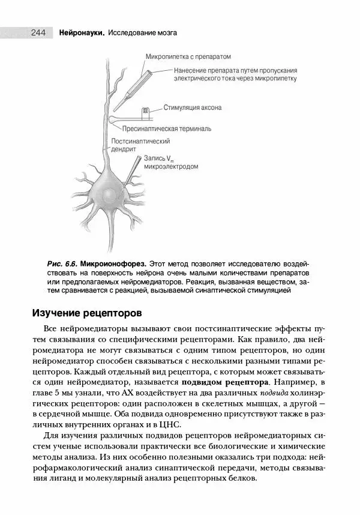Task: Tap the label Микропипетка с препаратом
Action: [x=187, y=56]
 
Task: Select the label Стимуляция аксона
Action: [x=193, y=109]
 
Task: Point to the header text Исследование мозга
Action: [x=143, y=32]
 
